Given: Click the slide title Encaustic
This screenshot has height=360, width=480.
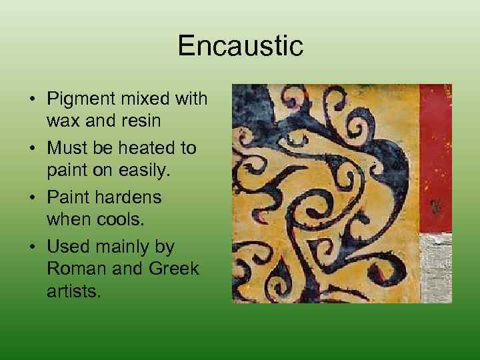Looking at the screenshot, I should [240, 46].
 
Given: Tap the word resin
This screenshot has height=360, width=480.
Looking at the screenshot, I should [138, 123].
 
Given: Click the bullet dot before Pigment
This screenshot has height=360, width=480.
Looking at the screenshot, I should [31, 100].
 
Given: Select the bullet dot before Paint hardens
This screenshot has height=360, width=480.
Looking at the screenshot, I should [31, 198].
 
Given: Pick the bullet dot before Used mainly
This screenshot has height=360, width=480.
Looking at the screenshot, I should [31, 247].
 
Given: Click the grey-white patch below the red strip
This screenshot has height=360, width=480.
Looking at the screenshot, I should [436, 267].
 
